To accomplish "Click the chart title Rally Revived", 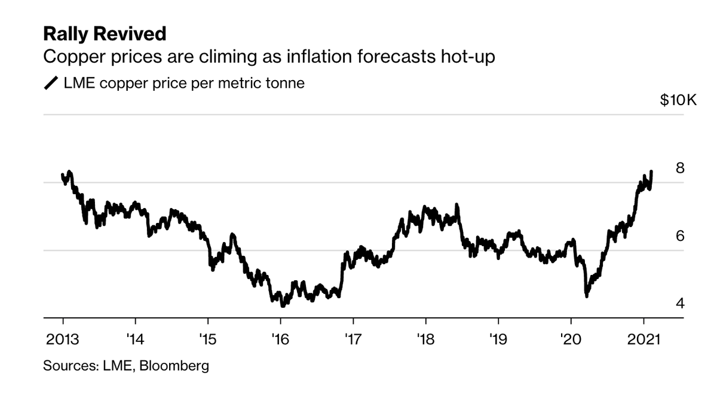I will (104, 34).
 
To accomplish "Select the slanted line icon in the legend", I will (51, 83).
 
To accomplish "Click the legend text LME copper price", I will (143, 83).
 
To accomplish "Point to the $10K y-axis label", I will (678, 100).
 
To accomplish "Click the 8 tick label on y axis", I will (679, 168).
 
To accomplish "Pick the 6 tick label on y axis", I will (679, 236).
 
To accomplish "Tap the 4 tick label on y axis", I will (679, 304).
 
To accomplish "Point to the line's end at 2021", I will (651, 172).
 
